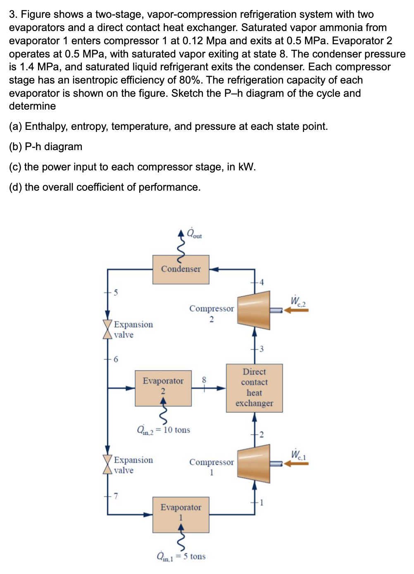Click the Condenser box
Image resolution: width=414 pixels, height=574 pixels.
pyautogui.click(x=181, y=269)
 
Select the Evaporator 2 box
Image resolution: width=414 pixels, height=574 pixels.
pyautogui.click(x=163, y=388)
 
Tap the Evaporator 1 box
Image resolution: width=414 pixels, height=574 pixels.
pyautogui.click(x=181, y=514)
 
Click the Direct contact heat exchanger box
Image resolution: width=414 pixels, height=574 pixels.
pyautogui.click(x=254, y=388)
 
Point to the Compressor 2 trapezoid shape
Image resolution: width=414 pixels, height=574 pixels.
pyautogui.click(x=254, y=310)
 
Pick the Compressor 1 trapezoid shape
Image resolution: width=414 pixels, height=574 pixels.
pyautogui.click(x=254, y=464)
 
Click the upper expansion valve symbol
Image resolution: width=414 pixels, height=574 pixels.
pyautogui.click(x=107, y=329)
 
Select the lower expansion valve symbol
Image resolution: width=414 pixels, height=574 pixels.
pyautogui.click(x=107, y=464)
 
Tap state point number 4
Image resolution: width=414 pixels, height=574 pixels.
pyautogui.click(x=261, y=282)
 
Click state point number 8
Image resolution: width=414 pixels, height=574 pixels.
pyautogui.click(x=204, y=380)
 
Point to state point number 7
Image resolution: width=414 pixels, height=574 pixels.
pyautogui.click(x=116, y=495)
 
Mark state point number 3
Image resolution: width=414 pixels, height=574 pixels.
pyautogui.click(x=261, y=349)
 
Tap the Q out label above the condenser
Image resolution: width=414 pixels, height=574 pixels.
pyautogui.click(x=194, y=234)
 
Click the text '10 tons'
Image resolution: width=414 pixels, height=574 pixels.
pyautogui.click(x=177, y=430)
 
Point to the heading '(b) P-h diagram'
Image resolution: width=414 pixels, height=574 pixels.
pyautogui.click(x=45, y=147)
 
